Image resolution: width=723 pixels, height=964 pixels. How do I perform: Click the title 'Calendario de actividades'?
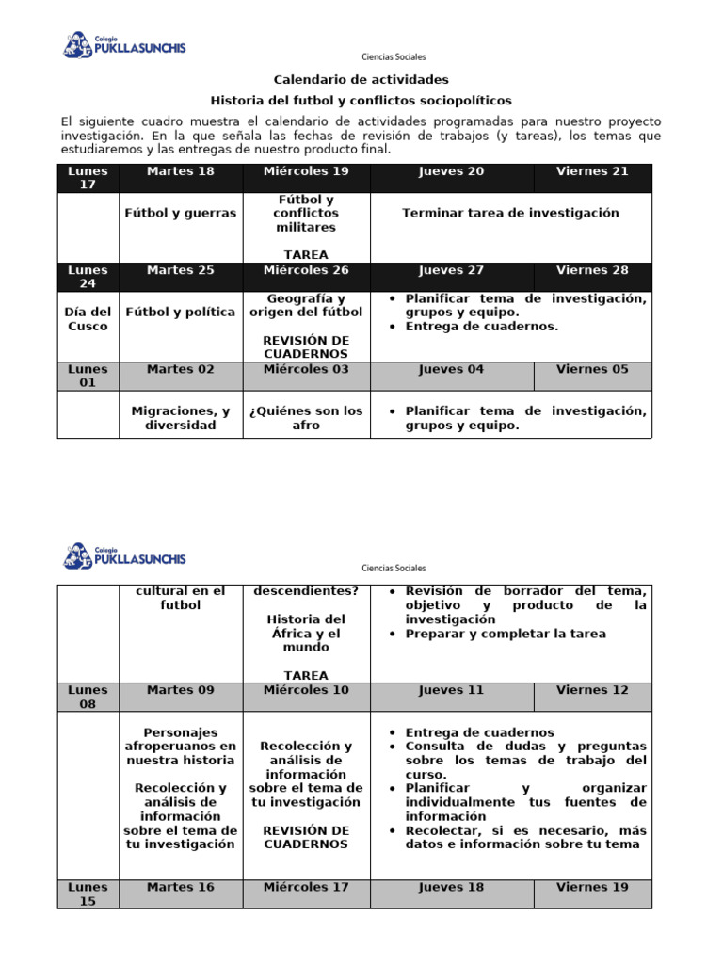[361, 80]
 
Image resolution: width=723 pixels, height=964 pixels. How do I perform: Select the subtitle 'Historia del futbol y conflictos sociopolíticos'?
[361, 100]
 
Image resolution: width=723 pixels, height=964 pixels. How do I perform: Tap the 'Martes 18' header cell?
[181, 171]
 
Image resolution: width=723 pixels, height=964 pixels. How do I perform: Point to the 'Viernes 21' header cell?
[592, 171]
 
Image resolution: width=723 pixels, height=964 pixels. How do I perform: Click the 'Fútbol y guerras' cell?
[181, 213]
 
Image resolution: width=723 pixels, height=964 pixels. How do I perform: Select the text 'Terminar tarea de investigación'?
[510, 213]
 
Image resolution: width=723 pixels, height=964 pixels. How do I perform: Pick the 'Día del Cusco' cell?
[88, 319]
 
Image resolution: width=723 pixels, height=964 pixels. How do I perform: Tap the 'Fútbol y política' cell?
[181, 312]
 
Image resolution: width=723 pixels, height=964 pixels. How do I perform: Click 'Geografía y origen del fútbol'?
[306, 305]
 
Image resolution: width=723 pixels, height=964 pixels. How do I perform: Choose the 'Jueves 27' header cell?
[452, 270]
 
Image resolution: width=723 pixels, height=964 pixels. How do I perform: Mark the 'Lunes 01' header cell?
[88, 376]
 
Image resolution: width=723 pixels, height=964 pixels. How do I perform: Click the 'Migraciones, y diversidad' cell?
[181, 418]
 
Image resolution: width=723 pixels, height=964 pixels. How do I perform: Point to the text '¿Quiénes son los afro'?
[306, 418]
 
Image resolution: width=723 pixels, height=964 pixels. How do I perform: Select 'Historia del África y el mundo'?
[306, 634]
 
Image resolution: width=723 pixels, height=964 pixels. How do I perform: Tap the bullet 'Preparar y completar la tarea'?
[506, 634]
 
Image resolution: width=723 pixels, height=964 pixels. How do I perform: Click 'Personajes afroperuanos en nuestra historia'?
[181, 746]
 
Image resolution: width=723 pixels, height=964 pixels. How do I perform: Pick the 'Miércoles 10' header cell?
[306, 690]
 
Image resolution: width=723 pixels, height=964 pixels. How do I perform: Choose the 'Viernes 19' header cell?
[592, 887]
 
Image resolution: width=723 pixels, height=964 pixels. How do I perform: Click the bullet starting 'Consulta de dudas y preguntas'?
[525, 760]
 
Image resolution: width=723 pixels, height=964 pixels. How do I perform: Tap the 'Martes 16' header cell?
[181, 887]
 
